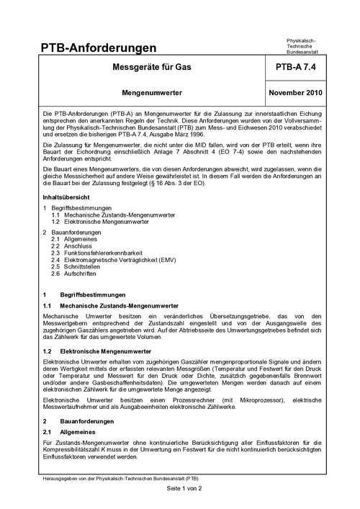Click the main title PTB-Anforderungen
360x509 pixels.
pyautogui.click(x=99, y=48)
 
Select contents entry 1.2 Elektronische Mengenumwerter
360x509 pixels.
pyautogui.click(x=101, y=222)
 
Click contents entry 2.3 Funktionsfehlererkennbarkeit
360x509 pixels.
pyautogui.click(x=97, y=253)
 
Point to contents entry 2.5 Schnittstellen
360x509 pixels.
pyautogui.click(x=81, y=268)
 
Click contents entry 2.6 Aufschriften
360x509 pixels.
pyautogui.click(x=79, y=275)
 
